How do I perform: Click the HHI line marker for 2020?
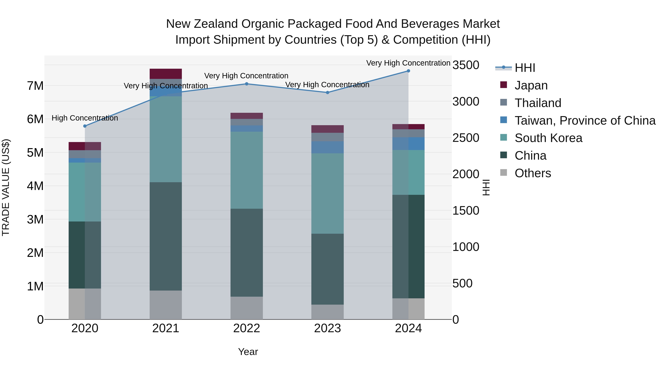pyautogui.click(x=85, y=126)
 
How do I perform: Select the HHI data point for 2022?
pyautogui.click(x=247, y=84)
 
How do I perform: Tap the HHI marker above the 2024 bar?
pyautogui.click(x=408, y=71)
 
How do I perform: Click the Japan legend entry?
pyautogui.click(x=531, y=85)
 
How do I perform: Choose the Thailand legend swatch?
pyautogui.click(x=504, y=102)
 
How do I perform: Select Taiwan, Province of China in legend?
pyautogui.click(x=585, y=121)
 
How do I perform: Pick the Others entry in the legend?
pyautogui.click(x=533, y=173)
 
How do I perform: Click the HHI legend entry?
pyautogui.click(x=525, y=68)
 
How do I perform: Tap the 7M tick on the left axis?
pyautogui.click(x=35, y=86)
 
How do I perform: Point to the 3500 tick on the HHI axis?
pyautogui.click(x=466, y=65)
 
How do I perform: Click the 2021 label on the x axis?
pyautogui.click(x=166, y=328)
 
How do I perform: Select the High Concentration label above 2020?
pyautogui.click(x=85, y=118)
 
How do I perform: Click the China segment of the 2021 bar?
pyautogui.click(x=166, y=236)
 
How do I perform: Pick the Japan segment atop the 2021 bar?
pyautogui.click(x=166, y=74)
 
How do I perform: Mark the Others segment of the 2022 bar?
pyautogui.click(x=247, y=308)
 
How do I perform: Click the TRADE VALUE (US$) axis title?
pyautogui.click(x=6, y=187)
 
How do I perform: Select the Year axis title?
pyautogui.click(x=248, y=352)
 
